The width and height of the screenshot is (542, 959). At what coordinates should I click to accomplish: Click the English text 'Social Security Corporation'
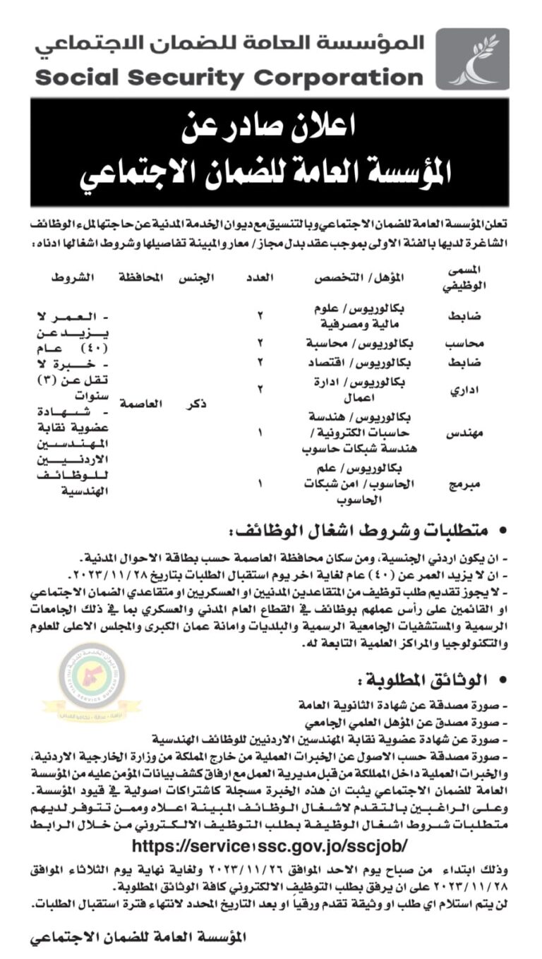[229, 76]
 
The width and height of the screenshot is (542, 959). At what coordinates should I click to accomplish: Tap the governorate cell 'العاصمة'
[143, 403]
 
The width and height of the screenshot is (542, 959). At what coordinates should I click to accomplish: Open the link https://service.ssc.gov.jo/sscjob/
[270, 845]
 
